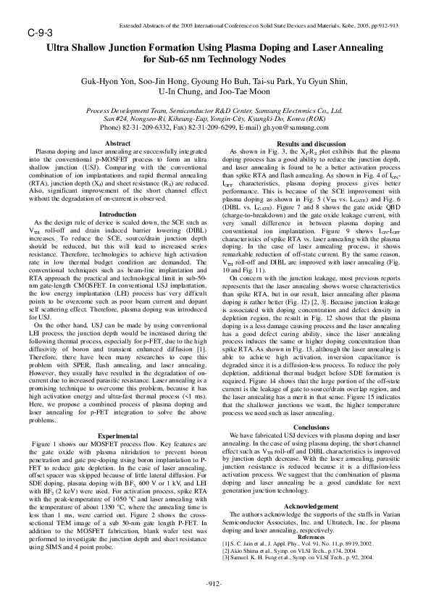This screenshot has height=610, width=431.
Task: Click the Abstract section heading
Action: pyautogui.click(x=118, y=143)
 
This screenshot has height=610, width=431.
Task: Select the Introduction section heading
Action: pyautogui.click(x=117, y=194)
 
